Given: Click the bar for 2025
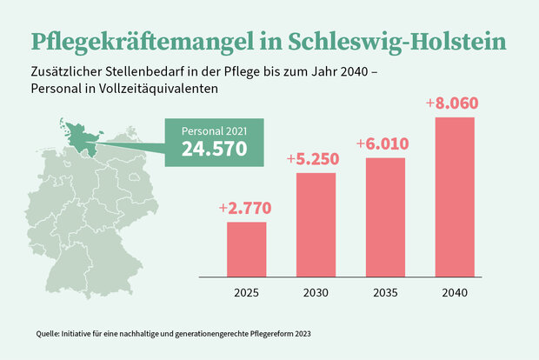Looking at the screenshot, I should pyautogui.click(x=247, y=250).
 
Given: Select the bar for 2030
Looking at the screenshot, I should pyautogui.click(x=316, y=224).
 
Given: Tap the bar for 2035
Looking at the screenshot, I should pyautogui.click(x=385, y=217).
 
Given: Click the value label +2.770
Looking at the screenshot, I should pyautogui.click(x=247, y=208).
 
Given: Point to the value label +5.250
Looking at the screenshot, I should pyautogui.click(x=316, y=159).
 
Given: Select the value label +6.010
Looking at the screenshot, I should pyautogui.click(x=385, y=143).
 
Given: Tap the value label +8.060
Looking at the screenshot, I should pyautogui.click(x=453, y=103).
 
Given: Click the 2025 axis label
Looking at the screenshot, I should pyautogui.click(x=247, y=293).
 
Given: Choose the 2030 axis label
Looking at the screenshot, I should pyautogui.click(x=316, y=293).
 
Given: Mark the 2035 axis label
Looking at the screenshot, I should pyautogui.click(x=385, y=293).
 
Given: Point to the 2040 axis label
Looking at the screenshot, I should pyautogui.click(x=455, y=293).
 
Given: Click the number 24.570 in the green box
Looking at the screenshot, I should pyautogui.click(x=214, y=149).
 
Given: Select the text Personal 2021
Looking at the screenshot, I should pyautogui.click(x=214, y=130).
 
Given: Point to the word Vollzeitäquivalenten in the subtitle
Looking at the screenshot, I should pyautogui.click(x=165, y=89).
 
